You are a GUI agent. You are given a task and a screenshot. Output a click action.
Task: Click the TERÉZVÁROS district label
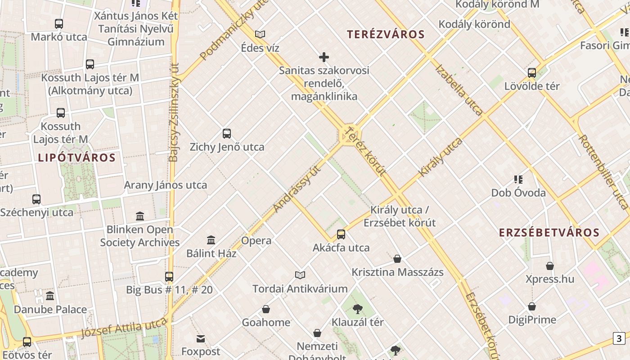click(386, 35)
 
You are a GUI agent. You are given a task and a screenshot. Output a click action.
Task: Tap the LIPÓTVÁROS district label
click(77, 158)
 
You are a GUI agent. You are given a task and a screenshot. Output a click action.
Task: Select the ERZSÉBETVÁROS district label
click(549, 233)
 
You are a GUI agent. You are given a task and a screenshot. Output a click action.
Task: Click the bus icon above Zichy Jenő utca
click(227, 134)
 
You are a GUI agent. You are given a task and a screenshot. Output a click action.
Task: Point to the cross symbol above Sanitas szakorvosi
click(324, 57)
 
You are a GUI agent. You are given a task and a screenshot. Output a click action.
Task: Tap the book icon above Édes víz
click(260, 34)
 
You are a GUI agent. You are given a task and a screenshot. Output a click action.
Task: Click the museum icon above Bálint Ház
click(211, 240)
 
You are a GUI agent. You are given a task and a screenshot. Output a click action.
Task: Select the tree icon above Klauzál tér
click(358, 309)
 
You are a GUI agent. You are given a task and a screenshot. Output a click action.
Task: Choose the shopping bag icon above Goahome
click(266, 309)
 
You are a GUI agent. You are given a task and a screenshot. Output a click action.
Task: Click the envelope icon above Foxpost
click(201, 338)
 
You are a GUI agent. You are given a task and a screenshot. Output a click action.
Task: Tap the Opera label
click(256, 241)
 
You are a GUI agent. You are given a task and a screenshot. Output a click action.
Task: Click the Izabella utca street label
click(459, 90)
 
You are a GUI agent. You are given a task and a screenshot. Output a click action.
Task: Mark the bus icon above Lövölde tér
click(532, 73)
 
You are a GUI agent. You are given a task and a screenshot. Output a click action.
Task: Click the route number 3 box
click(619, 338)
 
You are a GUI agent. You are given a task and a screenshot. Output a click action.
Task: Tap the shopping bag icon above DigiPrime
click(532, 306)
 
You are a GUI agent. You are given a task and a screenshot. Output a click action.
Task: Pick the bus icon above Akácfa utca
click(341, 234)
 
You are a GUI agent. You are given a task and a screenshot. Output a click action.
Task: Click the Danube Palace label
click(50, 310)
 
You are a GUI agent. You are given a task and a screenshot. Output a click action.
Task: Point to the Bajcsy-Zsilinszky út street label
click(174, 112)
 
